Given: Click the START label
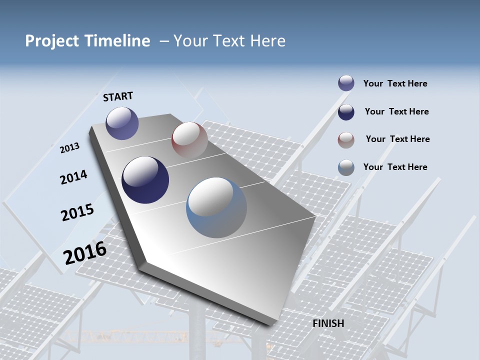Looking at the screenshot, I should (x=118, y=96).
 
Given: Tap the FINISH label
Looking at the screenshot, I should (x=328, y=323).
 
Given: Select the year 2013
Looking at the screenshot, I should (x=69, y=147).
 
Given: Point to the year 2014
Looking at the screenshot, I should (x=73, y=177).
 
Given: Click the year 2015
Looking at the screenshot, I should (x=77, y=212).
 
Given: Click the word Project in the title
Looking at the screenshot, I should (x=52, y=41).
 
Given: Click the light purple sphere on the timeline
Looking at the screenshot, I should (x=122, y=123).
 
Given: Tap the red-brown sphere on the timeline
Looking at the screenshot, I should (x=189, y=140).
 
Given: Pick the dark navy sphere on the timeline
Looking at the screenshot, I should (x=145, y=180).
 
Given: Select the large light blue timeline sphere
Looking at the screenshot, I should (x=216, y=207).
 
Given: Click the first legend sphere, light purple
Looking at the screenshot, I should (x=346, y=83).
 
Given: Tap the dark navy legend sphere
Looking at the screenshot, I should (x=346, y=111).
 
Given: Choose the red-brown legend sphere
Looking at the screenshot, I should (x=346, y=139).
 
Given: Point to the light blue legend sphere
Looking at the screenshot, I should (x=346, y=167).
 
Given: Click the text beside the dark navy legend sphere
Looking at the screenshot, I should (x=396, y=111).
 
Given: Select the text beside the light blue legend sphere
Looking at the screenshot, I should (x=395, y=167).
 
